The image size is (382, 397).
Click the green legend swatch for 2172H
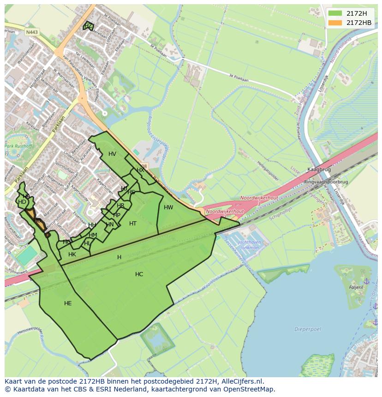tap(335, 13)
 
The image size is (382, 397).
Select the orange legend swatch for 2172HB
tap(335, 23)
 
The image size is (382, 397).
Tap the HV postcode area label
tap(112, 154)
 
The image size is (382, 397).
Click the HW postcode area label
tap(168, 207)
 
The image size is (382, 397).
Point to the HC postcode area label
tap(139, 274)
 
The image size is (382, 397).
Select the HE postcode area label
tap(68, 303)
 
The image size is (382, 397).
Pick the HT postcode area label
tap(133, 224)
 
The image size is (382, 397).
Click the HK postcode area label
tap(72, 255)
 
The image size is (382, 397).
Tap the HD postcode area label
tap(22, 202)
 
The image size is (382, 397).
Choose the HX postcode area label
tap(140, 170)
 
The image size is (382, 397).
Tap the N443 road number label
tap(32, 32)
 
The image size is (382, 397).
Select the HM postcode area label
tap(93, 235)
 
